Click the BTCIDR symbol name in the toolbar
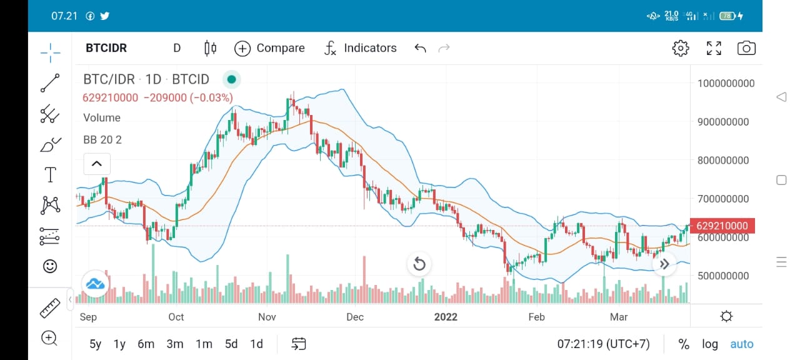pos(106,48)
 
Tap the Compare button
pos(269,48)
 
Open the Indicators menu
pos(361,48)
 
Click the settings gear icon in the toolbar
pos(681,48)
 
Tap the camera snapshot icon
pos(746,48)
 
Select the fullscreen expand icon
pos(714,48)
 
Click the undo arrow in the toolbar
pos(421,48)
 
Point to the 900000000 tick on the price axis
pos(723,122)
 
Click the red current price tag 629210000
pos(722,226)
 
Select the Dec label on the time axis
pos(355,317)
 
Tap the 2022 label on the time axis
pos(446,317)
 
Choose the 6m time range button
pos(146,344)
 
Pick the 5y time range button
pos(96,344)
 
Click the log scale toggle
pos(709,344)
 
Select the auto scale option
pos(742,344)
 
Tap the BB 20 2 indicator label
pos(102,139)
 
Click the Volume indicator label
pos(102,118)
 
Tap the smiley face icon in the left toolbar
pos(50,266)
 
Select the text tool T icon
pos(51,174)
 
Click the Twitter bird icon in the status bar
pos(104,16)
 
